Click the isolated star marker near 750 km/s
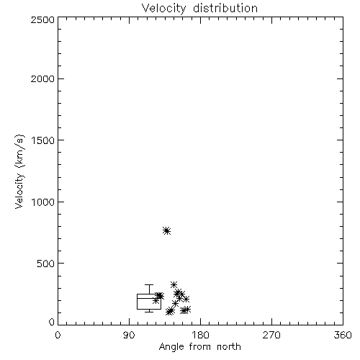[166, 230]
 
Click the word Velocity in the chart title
[163, 9]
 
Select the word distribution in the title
[225, 8]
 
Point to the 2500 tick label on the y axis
[42, 19]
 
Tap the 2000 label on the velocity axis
[42, 79]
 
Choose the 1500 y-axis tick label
[43, 140]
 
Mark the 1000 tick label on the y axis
[43, 202]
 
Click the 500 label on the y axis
[46, 264]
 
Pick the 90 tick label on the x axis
[129, 335]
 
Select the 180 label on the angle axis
[200, 335]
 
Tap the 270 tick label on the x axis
[271, 335]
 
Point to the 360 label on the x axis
[343, 335]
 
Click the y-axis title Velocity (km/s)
[20, 171]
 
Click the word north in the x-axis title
[229, 347]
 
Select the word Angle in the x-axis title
[171, 347]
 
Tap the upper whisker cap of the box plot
[149, 285]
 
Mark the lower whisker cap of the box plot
[149, 312]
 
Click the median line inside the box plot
[149, 298]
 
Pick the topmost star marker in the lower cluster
[174, 285]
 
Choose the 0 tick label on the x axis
[58, 335]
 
